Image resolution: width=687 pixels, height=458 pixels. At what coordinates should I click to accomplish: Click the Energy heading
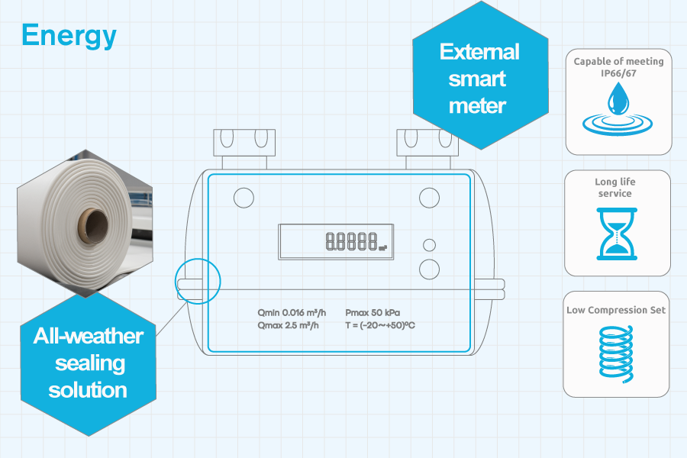click(69, 35)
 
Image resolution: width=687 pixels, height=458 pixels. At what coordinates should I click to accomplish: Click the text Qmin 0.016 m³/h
click(292, 312)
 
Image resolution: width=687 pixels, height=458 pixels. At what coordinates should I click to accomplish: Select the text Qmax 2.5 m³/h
click(288, 325)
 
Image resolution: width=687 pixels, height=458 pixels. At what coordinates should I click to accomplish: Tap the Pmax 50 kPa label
click(373, 312)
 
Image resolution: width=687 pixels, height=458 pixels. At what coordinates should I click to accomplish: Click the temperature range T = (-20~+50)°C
click(380, 325)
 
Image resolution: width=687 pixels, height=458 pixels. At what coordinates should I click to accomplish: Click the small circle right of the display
click(429, 245)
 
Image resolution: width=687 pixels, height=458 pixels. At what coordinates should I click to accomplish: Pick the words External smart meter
click(479, 79)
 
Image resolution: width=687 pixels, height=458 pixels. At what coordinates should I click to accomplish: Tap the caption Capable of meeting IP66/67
click(618, 66)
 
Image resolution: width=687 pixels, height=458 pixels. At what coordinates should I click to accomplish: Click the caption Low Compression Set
click(616, 310)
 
